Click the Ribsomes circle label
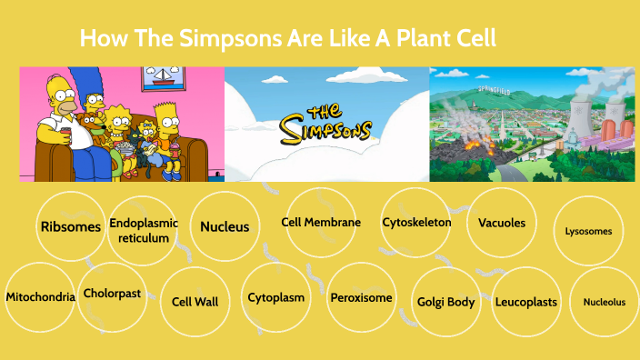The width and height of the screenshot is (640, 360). (70, 226)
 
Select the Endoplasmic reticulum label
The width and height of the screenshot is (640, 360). (144, 230)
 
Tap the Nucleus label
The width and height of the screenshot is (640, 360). (225, 226)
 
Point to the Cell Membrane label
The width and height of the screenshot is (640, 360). (321, 222)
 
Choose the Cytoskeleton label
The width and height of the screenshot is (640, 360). (416, 222)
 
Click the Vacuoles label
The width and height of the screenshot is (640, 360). (502, 222)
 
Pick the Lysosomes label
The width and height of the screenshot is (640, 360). (588, 231)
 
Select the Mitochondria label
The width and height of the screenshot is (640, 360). (40, 296)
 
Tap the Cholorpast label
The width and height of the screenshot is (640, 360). (112, 293)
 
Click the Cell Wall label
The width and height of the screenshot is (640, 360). (195, 301)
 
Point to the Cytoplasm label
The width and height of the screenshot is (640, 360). (275, 296)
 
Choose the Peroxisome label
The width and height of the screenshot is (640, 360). (361, 296)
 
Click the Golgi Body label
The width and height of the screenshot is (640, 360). (445, 301)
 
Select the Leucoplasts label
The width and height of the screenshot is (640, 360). (525, 301)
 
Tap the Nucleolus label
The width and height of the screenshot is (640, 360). (604, 302)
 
